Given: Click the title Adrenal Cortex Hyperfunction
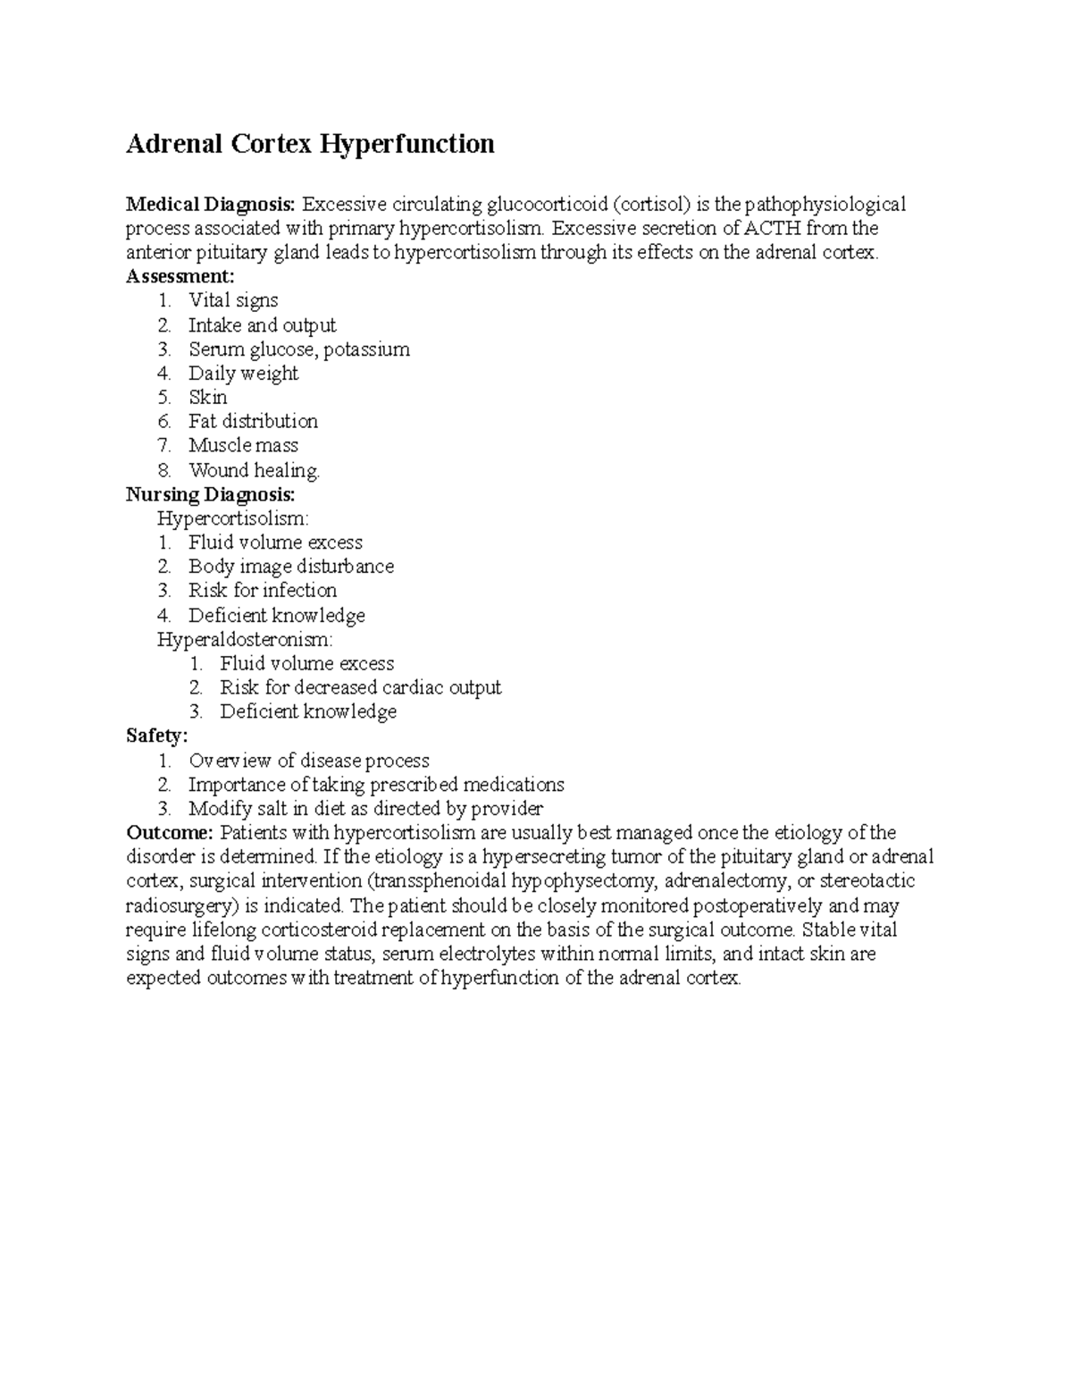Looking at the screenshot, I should pos(310,144).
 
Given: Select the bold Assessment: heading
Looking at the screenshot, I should pos(180,277).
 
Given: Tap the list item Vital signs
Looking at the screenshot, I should pos(233,301).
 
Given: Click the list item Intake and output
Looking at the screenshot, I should pos(262,325).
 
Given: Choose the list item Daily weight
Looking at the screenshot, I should pos(243,374).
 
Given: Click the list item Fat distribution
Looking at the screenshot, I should pos(253,422).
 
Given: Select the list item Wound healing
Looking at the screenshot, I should pos(254,470).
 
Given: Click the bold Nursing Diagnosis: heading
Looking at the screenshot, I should pos(210,494).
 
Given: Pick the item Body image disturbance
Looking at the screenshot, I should pos(290,567).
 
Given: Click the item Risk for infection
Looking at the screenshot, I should pos(263,591).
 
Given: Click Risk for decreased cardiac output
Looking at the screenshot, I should pos(360,688).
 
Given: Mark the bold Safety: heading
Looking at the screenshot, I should pos(157,736).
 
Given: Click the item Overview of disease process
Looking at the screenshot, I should pos(308,761).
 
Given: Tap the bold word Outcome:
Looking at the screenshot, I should pos(170,833).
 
